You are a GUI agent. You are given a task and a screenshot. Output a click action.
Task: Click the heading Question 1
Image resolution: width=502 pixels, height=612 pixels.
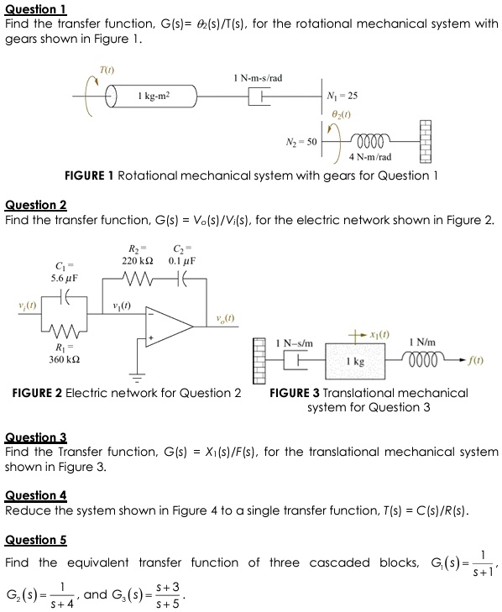[x=35, y=9]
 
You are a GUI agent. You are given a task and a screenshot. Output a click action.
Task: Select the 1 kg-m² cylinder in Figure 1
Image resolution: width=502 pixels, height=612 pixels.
[x=155, y=97]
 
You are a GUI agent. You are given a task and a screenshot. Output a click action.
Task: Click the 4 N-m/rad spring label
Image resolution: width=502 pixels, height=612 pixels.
[x=370, y=157]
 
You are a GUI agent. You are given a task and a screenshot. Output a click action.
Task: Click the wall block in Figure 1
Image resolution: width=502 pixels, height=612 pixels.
[x=425, y=139]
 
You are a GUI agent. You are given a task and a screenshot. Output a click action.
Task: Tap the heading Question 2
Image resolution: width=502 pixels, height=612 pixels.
[x=35, y=205]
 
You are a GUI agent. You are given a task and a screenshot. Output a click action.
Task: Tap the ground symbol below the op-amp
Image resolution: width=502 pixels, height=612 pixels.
[x=133, y=374]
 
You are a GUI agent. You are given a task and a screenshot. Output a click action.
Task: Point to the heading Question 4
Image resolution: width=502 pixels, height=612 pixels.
[x=35, y=495]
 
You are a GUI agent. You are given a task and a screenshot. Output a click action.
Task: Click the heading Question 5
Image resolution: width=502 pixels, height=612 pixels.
[x=35, y=540]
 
